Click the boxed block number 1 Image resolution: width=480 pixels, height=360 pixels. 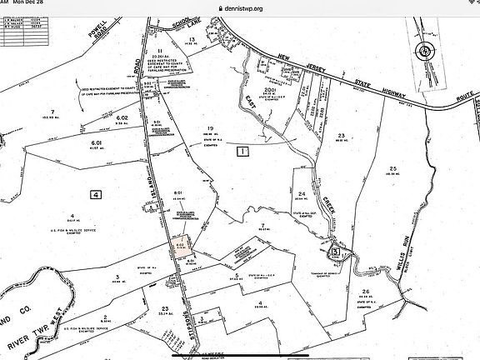242,152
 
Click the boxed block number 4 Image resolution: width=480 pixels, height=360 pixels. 97,194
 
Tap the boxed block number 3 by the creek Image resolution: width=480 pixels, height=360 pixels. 335,251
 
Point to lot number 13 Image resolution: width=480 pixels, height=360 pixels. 191,39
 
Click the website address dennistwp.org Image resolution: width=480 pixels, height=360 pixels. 240,8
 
